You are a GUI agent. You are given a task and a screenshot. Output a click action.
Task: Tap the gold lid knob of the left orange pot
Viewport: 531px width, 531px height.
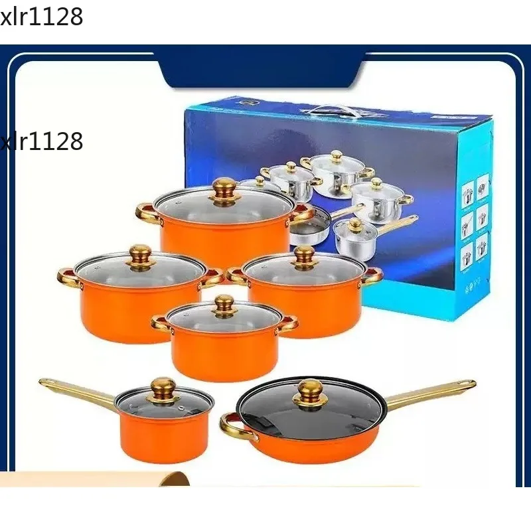click(x=140, y=254)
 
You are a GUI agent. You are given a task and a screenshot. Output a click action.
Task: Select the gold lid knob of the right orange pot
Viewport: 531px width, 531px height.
click(x=305, y=256)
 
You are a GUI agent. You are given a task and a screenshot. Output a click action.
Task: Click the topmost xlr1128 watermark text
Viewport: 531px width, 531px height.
click(x=42, y=17)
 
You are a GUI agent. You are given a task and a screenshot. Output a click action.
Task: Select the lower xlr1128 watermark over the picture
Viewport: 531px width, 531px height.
click(x=42, y=141)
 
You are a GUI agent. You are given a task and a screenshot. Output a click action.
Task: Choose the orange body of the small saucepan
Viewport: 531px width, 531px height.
click(x=163, y=438)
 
